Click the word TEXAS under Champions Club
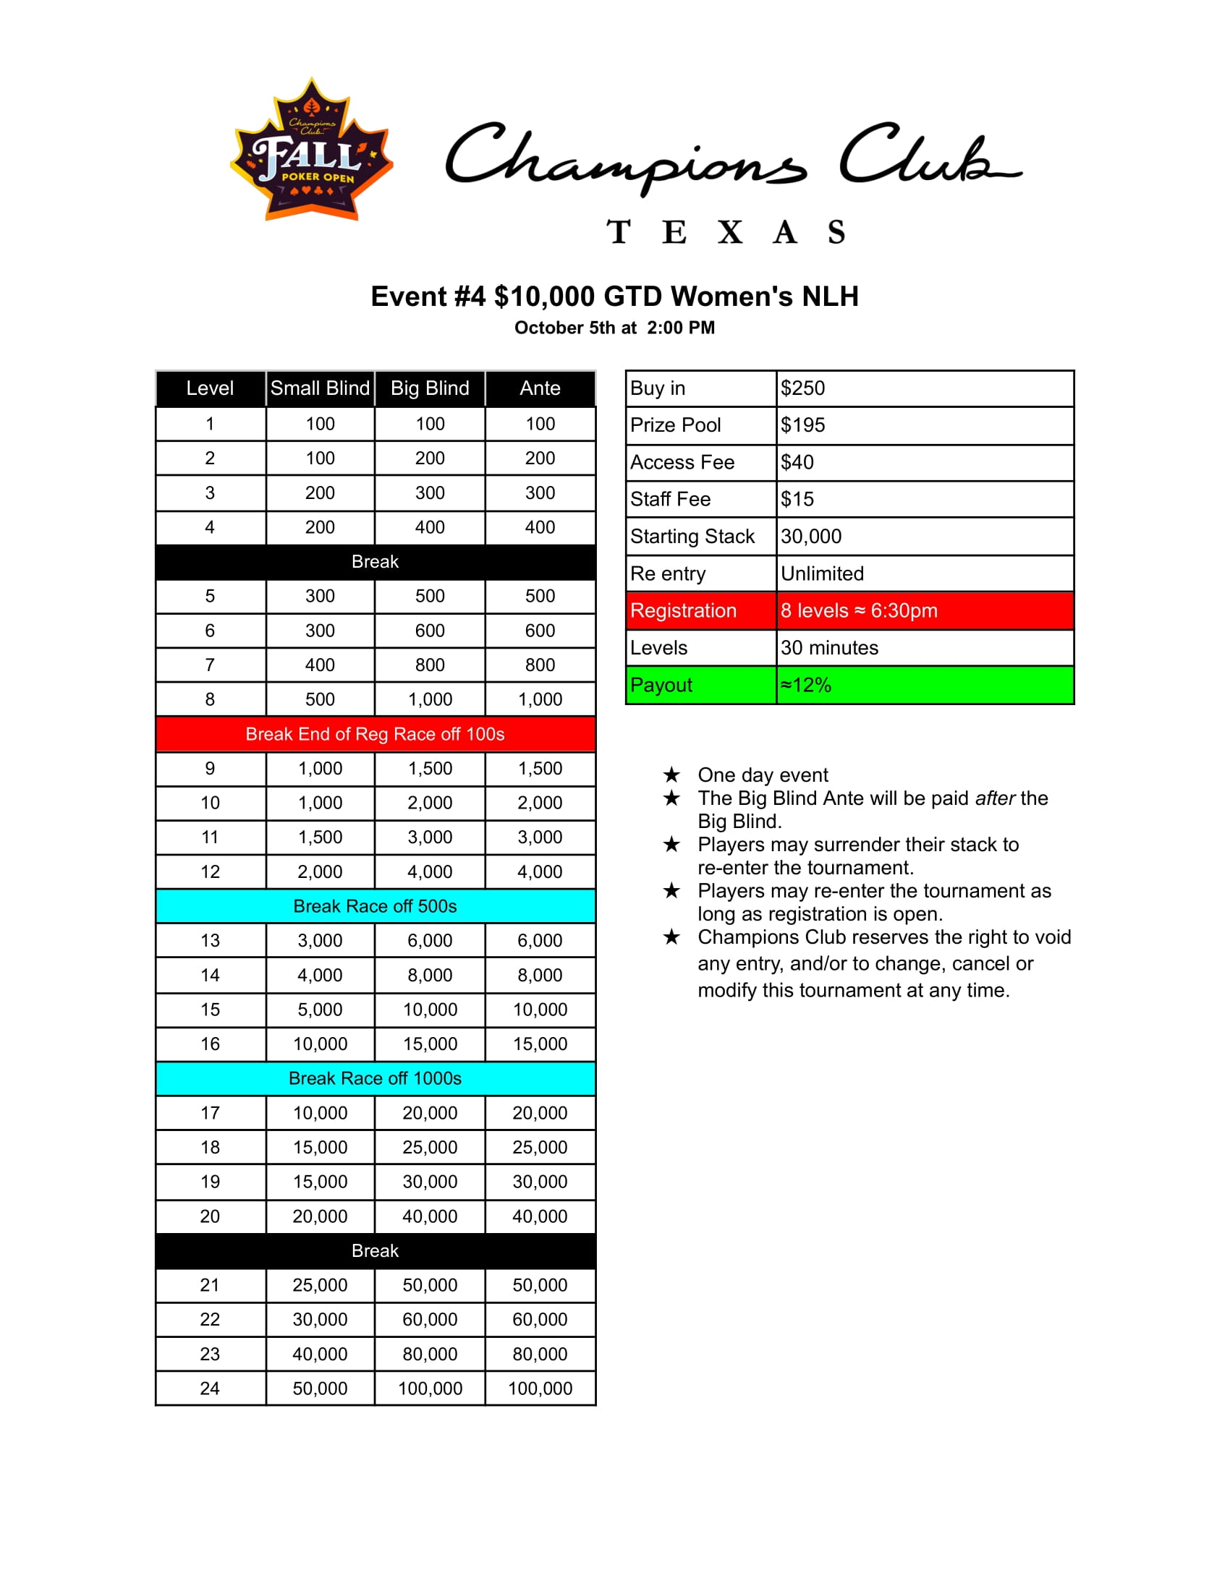click(726, 232)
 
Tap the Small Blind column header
click(320, 388)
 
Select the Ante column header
click(540, 388)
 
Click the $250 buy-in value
click(803, 388)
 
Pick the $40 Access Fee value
click(797, 463)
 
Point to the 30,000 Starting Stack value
click(811, 537)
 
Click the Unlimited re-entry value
click(822, 574)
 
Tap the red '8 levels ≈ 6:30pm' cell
click(859, 611)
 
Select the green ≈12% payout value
click(806, 686)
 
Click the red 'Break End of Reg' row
click(376, 734)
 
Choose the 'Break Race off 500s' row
click(376, 906)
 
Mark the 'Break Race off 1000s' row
click(376, 1079)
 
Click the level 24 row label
click(210, 1389)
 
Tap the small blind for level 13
click(320, 940)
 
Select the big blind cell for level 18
click(430, 1148)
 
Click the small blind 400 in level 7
click(320, 665)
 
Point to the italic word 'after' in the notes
click(995, 798)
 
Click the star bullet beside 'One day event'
click(672, 775)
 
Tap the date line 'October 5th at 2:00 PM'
click(614, 328)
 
